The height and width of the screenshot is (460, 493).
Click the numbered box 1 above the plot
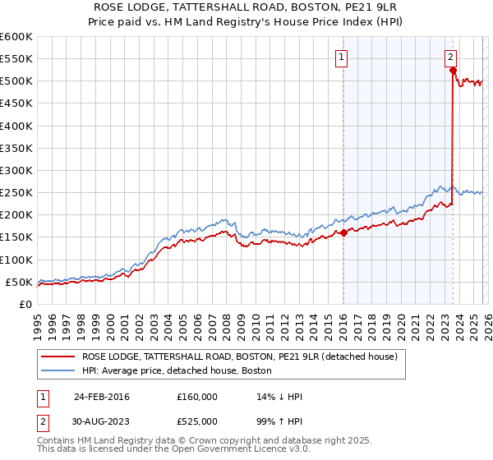340,57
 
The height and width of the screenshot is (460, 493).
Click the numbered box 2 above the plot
451,57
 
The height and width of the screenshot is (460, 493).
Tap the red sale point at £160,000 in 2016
343,232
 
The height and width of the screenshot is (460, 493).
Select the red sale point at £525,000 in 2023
453,71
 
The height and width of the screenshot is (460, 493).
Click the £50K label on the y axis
19,282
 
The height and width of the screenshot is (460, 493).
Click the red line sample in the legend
58,356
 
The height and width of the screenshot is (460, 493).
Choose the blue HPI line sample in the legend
58,370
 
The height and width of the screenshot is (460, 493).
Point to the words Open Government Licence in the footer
247,451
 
